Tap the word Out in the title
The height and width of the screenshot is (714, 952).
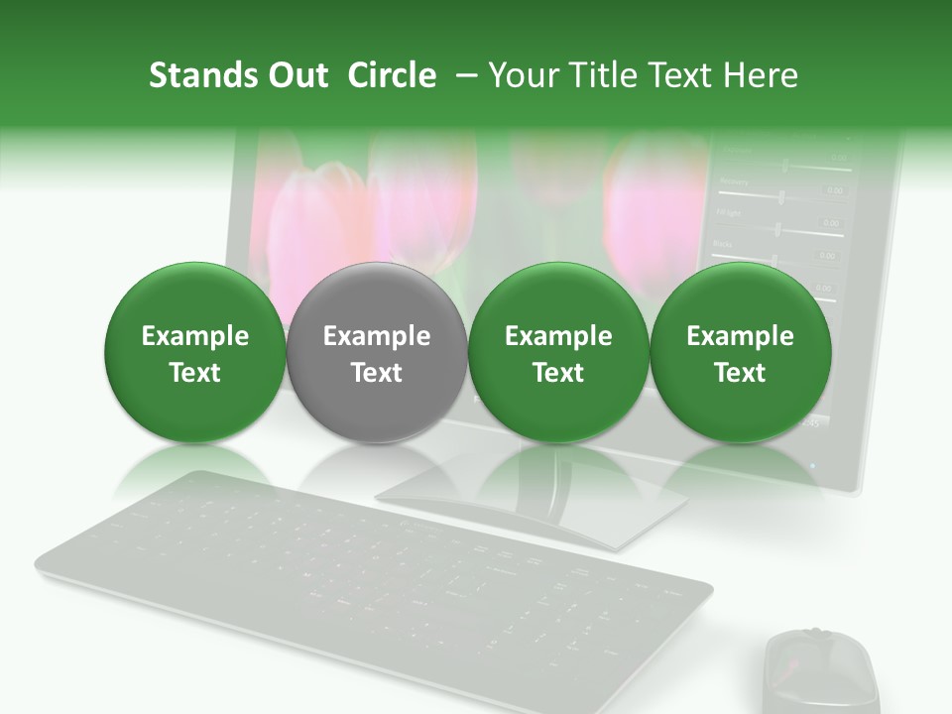coord(296,75)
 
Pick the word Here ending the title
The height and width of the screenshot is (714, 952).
coord(762,75)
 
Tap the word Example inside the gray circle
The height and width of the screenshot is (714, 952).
coord(377,336)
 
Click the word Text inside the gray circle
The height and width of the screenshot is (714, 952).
coord(377,373)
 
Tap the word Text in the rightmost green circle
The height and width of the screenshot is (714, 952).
coord(740,373)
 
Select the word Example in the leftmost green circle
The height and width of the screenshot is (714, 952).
coord(194,336)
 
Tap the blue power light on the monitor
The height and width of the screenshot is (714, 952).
coord(814,464)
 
